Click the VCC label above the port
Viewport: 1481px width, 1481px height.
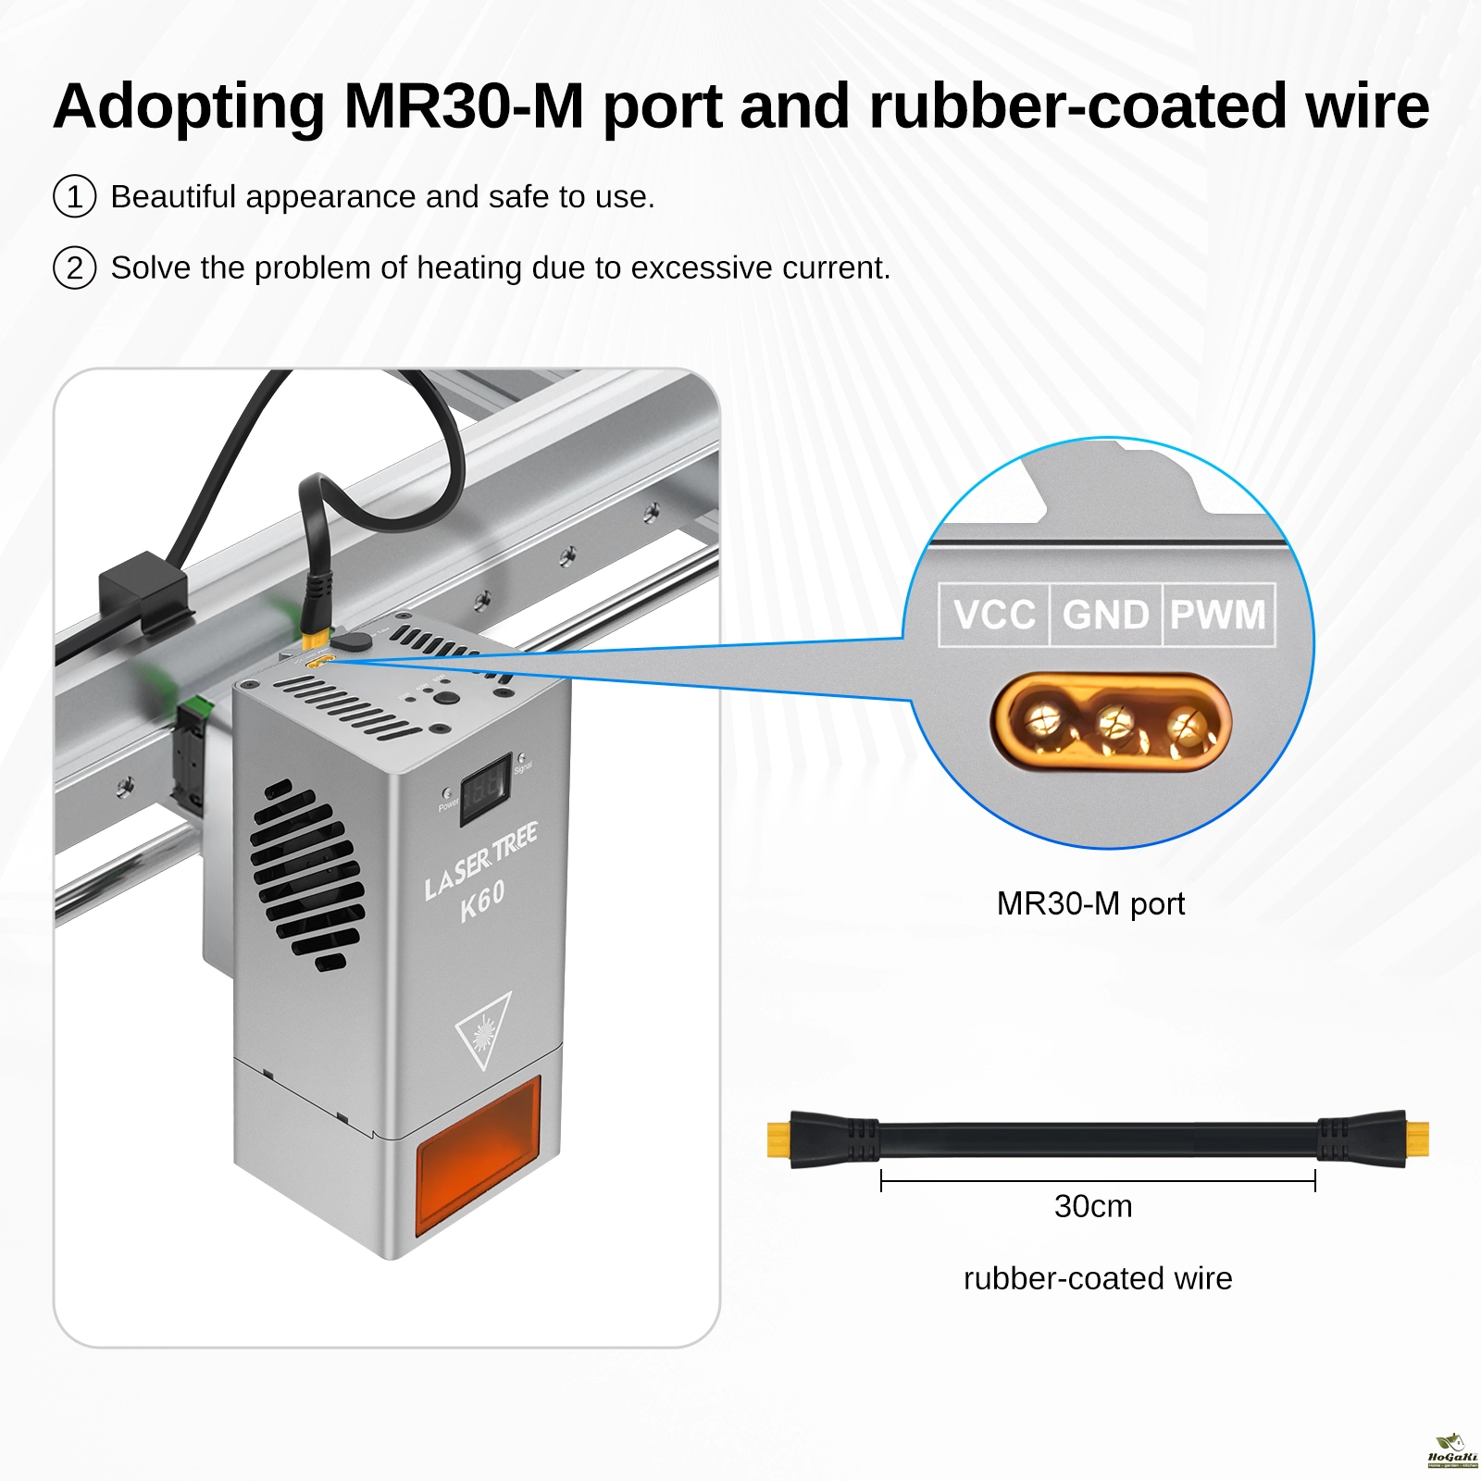(x=994, y=615)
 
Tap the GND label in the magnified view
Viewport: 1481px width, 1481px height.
(x=1105, y=615)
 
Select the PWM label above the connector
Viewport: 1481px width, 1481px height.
(x=1217, y=615)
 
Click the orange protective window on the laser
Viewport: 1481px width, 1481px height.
(x=479, y=1153)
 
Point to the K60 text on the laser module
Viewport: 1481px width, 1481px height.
(x=483, y=899)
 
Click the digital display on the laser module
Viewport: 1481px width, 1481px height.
(x=485, y=788)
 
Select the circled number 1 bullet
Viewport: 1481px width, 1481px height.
(x=75, y=196)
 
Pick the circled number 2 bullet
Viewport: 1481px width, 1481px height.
(x=75, y=268)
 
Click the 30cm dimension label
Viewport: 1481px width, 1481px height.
(x=1093, y=1206)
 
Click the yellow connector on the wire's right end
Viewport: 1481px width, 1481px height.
(x=1417, y=1139)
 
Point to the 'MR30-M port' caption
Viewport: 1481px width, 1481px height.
(x=1090, y=903)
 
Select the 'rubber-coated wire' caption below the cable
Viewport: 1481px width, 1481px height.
(x=1098, y=1278)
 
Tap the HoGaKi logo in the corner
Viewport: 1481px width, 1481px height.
(x=1452, y=1452)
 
